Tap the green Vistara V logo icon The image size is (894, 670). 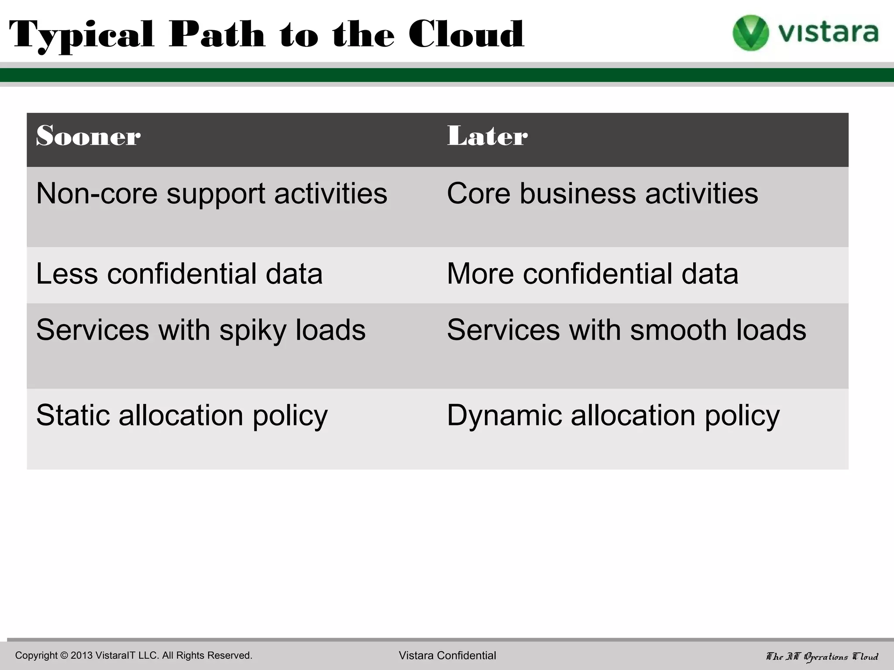point(750,33)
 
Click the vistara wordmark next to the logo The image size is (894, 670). point(828,33)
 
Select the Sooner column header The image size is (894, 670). point(88,136)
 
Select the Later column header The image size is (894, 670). point(487,136)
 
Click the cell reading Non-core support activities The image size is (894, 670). point(212,194)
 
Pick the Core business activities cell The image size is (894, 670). point(602,194)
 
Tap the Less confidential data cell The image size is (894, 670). point(179,274)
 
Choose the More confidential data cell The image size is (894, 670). point(592,274)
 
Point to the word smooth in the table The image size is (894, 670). point(678,330)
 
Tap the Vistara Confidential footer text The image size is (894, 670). point(447,656)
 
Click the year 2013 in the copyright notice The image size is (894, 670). point(82,656)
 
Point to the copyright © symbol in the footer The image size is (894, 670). point(64,656)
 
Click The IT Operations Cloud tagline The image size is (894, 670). point(822,656)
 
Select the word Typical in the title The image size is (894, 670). point(82,35)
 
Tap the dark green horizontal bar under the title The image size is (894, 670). point(447,75)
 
